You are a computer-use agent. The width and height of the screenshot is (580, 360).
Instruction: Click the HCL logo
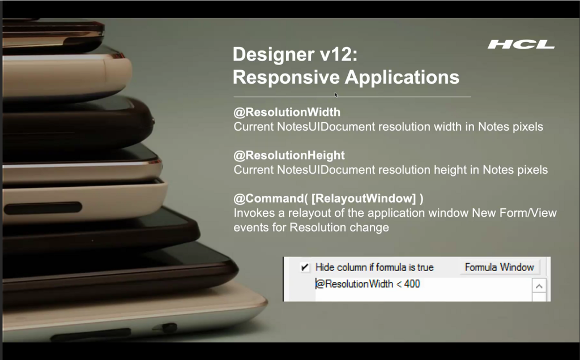(x=521, y=45)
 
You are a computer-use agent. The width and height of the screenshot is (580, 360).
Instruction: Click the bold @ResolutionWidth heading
(x=287, y=112)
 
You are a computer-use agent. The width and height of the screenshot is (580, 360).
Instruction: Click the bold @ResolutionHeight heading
(x=289, y=155)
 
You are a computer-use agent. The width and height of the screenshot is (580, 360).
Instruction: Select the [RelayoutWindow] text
(x=364, y=199)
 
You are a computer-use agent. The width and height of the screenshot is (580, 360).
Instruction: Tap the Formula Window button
(x=500, y=267)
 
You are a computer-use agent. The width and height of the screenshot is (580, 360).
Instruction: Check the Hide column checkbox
(x=305, y=267)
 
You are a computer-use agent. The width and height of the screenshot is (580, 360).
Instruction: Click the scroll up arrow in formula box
(x=539, y=286)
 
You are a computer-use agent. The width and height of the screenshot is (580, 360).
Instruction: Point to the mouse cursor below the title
(x=336, y=95)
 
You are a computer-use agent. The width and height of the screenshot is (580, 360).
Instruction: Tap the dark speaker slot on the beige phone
(x=43, y=208)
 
